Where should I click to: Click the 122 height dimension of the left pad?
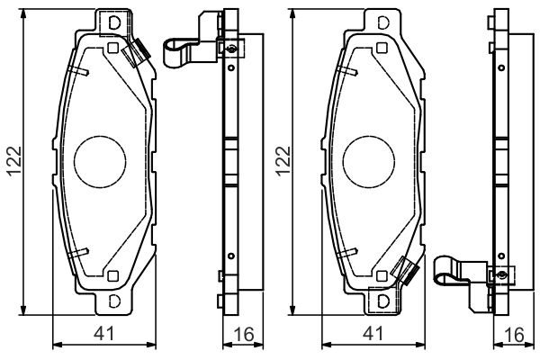pos(14,161)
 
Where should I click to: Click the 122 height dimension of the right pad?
pos(283,161)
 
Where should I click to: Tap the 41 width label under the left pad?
pos(103,334)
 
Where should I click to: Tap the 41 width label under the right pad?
pos(373,334)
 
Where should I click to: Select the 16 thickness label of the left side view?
pos(244,334)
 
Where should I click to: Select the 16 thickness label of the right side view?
pos(514,334)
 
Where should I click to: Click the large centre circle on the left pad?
pos(100,162)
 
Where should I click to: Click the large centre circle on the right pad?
pos(369,162)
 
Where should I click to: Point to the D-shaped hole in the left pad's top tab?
pos(114,23)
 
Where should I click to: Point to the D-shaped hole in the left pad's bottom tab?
pos(114,301)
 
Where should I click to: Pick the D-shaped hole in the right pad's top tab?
pos(383,23)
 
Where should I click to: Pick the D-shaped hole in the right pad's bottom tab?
pos(383,301)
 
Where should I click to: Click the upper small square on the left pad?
pos(113,48)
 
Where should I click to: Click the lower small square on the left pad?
pos(113,276)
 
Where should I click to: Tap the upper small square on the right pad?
pos(382,48)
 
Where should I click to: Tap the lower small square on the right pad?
pos(382,276)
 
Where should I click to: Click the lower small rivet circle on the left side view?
pos(231,256)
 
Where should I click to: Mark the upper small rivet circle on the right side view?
pos(501,67)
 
